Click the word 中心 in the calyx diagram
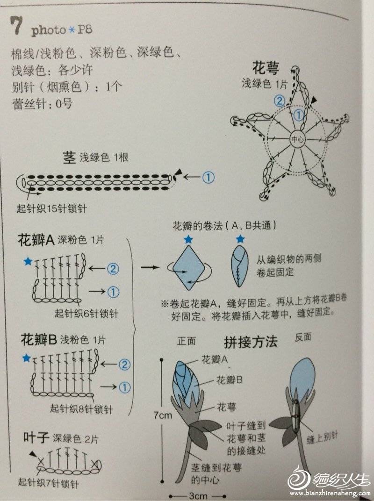(x=297, y=140)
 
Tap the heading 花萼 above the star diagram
(x=266, y=67)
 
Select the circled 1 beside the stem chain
(x=209, y=177)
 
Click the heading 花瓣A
(x=36, y=240)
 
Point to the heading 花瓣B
(x=39, y=340)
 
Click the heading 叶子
(x=36, y=437)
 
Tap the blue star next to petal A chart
(x=28, y=261)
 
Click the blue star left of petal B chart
(x=27, y=358)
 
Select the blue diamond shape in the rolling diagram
(x=188, y=267)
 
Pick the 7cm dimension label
(x=162, y=415)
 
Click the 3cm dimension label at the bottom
(x=198, y=496)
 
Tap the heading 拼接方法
(x=250, y=342)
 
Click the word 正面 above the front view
(x=187, y=341)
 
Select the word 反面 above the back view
(x=303, y=336)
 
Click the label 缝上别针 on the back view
(x=322, y=437)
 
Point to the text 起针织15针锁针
(x=52, y=208)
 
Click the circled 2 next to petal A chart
(x=113, y=269)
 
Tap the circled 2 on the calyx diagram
(x=280, y=101)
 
